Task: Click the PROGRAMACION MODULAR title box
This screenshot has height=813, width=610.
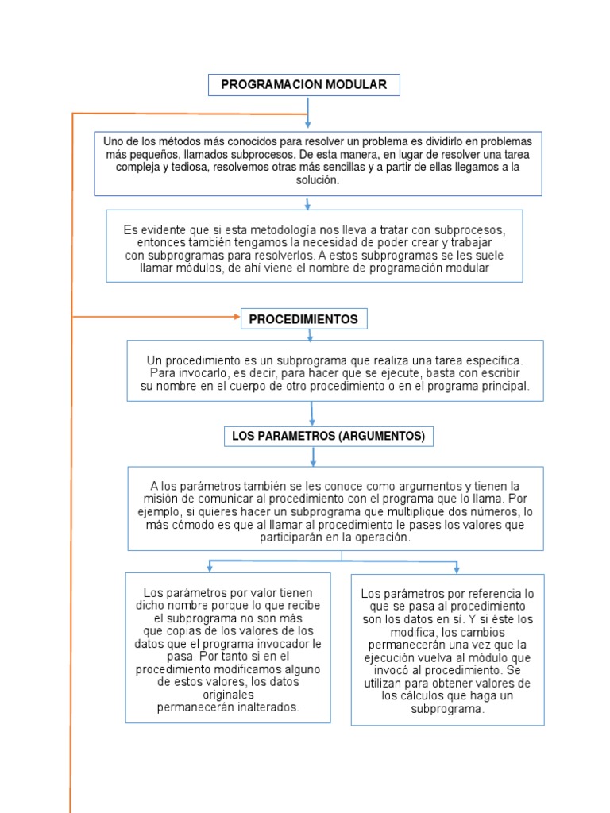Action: coord(303,85)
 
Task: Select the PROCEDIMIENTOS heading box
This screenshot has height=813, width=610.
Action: coord(303,319)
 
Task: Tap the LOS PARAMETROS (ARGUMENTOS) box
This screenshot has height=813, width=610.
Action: coord(328,436)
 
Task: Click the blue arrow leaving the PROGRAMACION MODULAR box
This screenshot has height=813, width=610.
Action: coord(307,111)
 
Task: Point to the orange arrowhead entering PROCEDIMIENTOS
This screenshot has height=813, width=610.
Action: coord(236,317)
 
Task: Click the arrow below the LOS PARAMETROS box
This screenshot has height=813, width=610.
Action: coord(314,457)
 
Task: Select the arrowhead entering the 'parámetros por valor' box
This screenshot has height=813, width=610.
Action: coord(209,568)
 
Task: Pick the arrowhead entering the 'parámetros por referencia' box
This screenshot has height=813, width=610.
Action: coord(456,569)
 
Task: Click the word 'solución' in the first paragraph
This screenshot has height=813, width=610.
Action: coord(318,180)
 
